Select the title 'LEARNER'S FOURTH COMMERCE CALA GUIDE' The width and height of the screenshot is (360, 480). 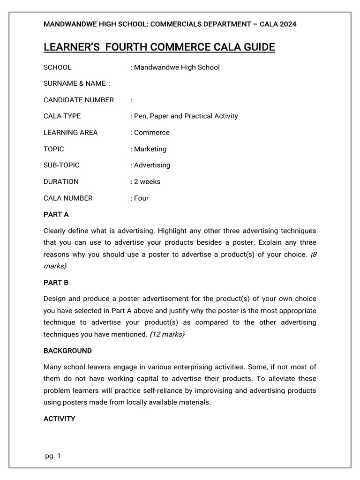tap(159, 47)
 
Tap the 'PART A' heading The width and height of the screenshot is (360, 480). tap(56, 214)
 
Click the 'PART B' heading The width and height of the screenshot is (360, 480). tap(56, 283)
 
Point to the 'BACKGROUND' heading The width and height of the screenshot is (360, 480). tap(67, 351)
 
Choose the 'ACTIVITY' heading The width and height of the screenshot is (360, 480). tap(59, 419)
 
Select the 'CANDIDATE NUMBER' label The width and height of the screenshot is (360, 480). tap(79, 100)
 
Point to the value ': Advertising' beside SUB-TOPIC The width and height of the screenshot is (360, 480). tap(150, 165)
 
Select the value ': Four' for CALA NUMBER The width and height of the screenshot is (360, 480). tap(140, 198)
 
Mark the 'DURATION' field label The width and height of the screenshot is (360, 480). tap(61, 181)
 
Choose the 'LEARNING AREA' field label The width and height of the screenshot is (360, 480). tap(70, 133)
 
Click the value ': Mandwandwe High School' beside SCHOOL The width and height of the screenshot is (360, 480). tap(175, 67)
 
